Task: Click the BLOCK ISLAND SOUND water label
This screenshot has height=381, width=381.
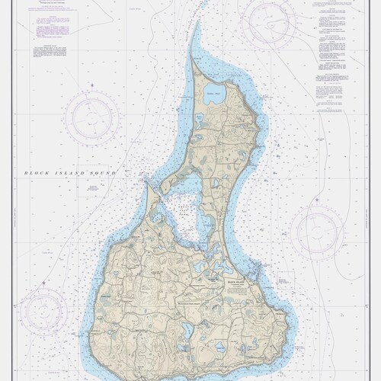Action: tap(70, 173)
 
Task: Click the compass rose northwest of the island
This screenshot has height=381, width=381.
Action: tap(91, 118)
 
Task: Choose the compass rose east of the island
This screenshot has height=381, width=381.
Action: tap(318, 232)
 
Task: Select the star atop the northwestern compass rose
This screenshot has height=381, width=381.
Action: tap(91, 85)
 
